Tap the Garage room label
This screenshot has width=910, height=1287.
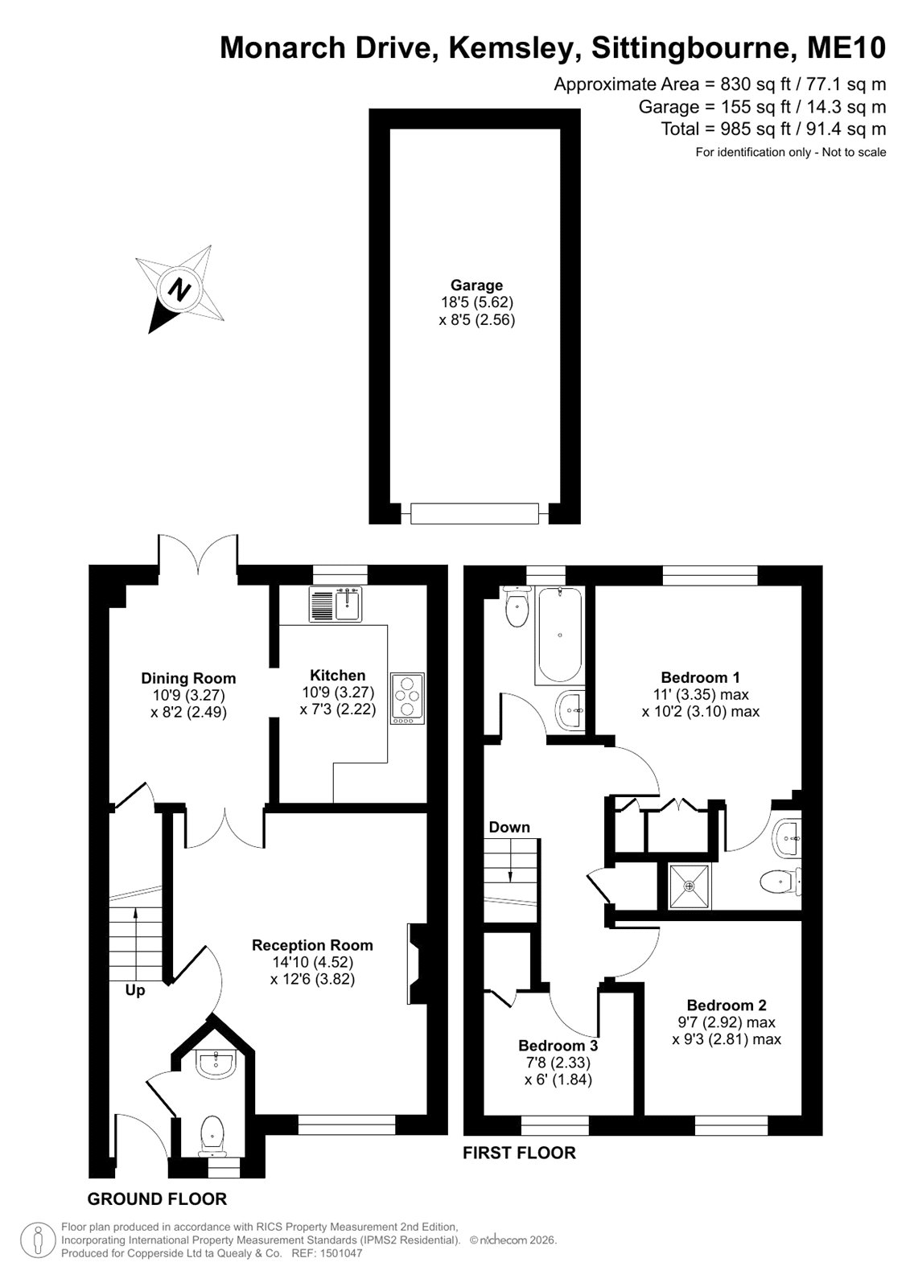point(476,285)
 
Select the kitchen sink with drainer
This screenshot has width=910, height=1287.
point(336,604)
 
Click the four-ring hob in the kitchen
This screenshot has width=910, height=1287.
point(408,698)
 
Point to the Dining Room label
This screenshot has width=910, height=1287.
point(188,678)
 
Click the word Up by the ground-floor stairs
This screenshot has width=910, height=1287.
point(135,990)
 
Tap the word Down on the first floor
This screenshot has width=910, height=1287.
point(509,827)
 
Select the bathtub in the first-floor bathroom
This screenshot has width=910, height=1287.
point(559,635)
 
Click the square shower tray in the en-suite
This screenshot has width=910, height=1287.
point(690,886)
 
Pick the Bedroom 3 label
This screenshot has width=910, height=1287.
point(558,1045)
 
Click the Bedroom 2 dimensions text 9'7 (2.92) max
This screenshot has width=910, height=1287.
point(727,1022)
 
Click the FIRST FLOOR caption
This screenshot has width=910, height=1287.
point(519,1153)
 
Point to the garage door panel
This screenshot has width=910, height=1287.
point(475,513)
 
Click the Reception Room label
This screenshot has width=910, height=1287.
point(312,945)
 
